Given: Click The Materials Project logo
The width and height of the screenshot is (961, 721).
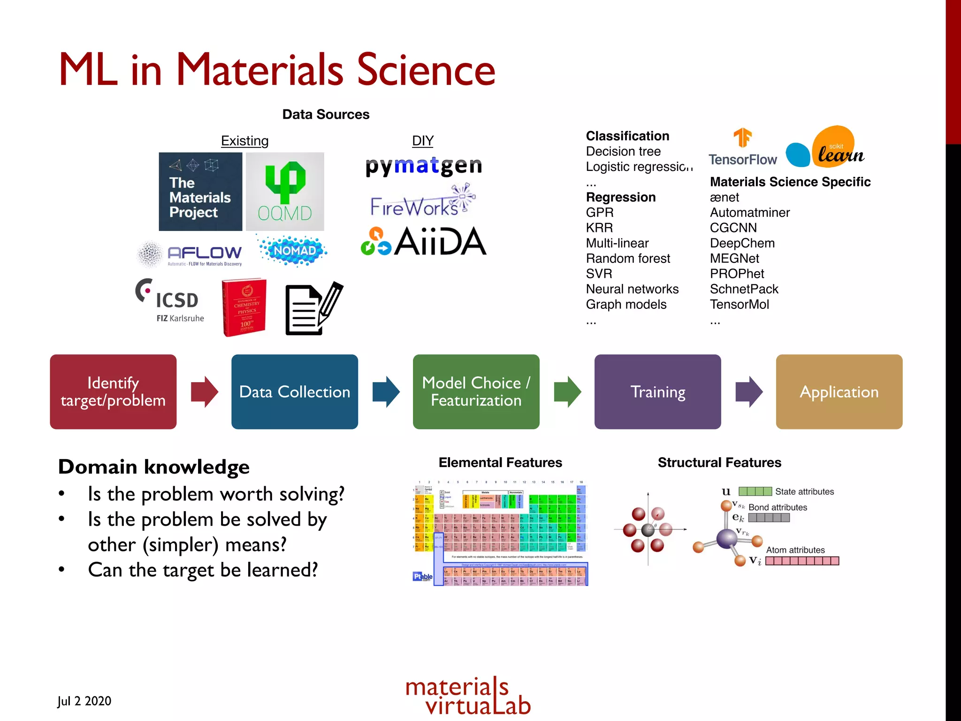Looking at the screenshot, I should [x=200, y=192].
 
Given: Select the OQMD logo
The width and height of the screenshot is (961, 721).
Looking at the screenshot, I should [x=285, y=192].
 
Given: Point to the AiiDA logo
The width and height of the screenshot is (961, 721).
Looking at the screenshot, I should [x=424, y=242].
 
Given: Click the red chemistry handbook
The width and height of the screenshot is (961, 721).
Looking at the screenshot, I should [x=244, y=307].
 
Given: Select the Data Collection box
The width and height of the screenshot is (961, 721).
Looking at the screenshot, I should [x=295, y=391].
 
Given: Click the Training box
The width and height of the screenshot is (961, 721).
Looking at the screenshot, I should [x=657, y=391].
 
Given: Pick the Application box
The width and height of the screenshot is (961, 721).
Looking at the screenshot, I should [x=839, y=391].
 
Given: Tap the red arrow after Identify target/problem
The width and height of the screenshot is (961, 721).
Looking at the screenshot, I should [x=204, y=391].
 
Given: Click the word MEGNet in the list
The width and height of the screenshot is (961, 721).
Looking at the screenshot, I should [x=734, y=259].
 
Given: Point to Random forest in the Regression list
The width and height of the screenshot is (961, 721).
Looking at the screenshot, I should [x=628, y=259].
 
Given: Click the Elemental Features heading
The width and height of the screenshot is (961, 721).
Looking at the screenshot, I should [x=500, y=463].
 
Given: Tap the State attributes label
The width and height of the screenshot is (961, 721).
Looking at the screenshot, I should [x=804, y=491].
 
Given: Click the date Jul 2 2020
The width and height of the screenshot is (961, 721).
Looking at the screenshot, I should [x=84, y=701].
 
